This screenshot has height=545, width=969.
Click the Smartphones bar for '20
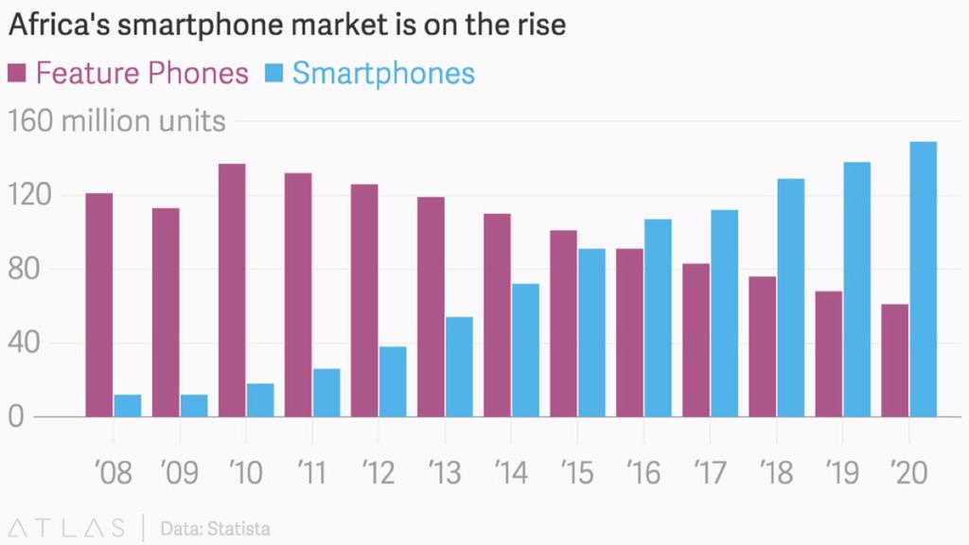[x=923, y=279]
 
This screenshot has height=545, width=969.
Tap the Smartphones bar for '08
[x=128, y=406]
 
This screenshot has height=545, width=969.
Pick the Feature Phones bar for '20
[x=894, y=360]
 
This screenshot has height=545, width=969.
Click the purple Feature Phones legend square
[x=16, y=73]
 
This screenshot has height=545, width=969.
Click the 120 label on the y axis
[x=28, y=196]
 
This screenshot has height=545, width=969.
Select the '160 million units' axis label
[x=116, y=122]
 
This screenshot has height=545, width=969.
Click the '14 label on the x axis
[x=510, y=473]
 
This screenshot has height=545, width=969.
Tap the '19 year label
[x=841, y=473]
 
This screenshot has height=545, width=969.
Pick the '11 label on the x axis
[x=311, y=473]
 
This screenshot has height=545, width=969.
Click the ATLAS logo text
[x=65, y=527]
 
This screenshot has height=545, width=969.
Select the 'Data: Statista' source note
[x=215, y=527]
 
